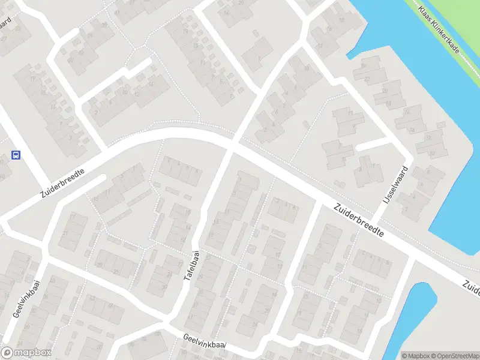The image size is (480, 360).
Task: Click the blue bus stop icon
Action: click(16, 155)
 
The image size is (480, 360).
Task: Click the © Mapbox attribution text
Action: click(415, 355)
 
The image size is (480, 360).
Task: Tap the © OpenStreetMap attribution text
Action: click(454, 355)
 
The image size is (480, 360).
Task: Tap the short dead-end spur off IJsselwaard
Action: click(373, 145)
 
